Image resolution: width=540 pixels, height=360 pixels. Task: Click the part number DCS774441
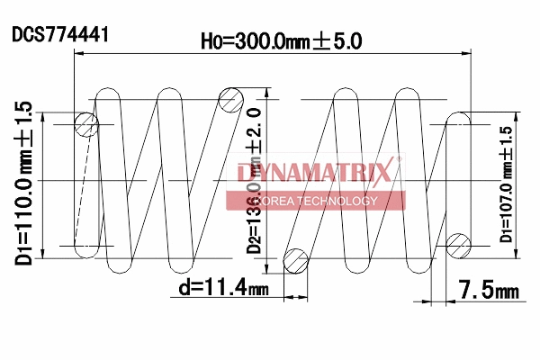click(x=61, y=35)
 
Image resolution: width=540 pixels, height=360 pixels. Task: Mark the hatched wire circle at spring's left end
click(x=86, y=123)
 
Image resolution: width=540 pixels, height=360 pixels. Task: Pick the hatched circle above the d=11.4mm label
click(x=295, y=260)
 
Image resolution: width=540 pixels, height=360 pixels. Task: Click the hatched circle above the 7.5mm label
click(x=458, y=243)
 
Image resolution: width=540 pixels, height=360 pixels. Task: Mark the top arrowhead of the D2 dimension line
click(x=266, y=94)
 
